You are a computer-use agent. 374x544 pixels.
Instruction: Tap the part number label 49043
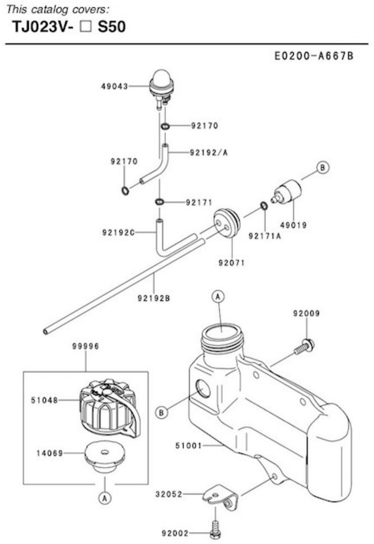pos(114,86)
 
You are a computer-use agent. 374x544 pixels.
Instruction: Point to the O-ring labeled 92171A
pos(264,205)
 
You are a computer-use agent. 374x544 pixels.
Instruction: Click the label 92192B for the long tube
pos(154,298)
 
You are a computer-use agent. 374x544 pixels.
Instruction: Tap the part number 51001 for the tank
pos(188,446)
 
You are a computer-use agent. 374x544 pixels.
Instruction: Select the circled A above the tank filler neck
pos(218,296)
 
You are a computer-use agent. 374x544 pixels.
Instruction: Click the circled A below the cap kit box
pos(104,498)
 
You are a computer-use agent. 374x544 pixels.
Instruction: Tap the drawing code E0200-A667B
pos(314,56)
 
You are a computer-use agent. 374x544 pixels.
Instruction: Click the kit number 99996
pos(85,346)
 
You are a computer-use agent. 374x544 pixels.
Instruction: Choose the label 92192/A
pos(209,152)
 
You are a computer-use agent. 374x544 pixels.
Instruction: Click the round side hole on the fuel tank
pos(203,389)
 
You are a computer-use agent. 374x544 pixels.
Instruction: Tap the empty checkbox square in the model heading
pos(85,27)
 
